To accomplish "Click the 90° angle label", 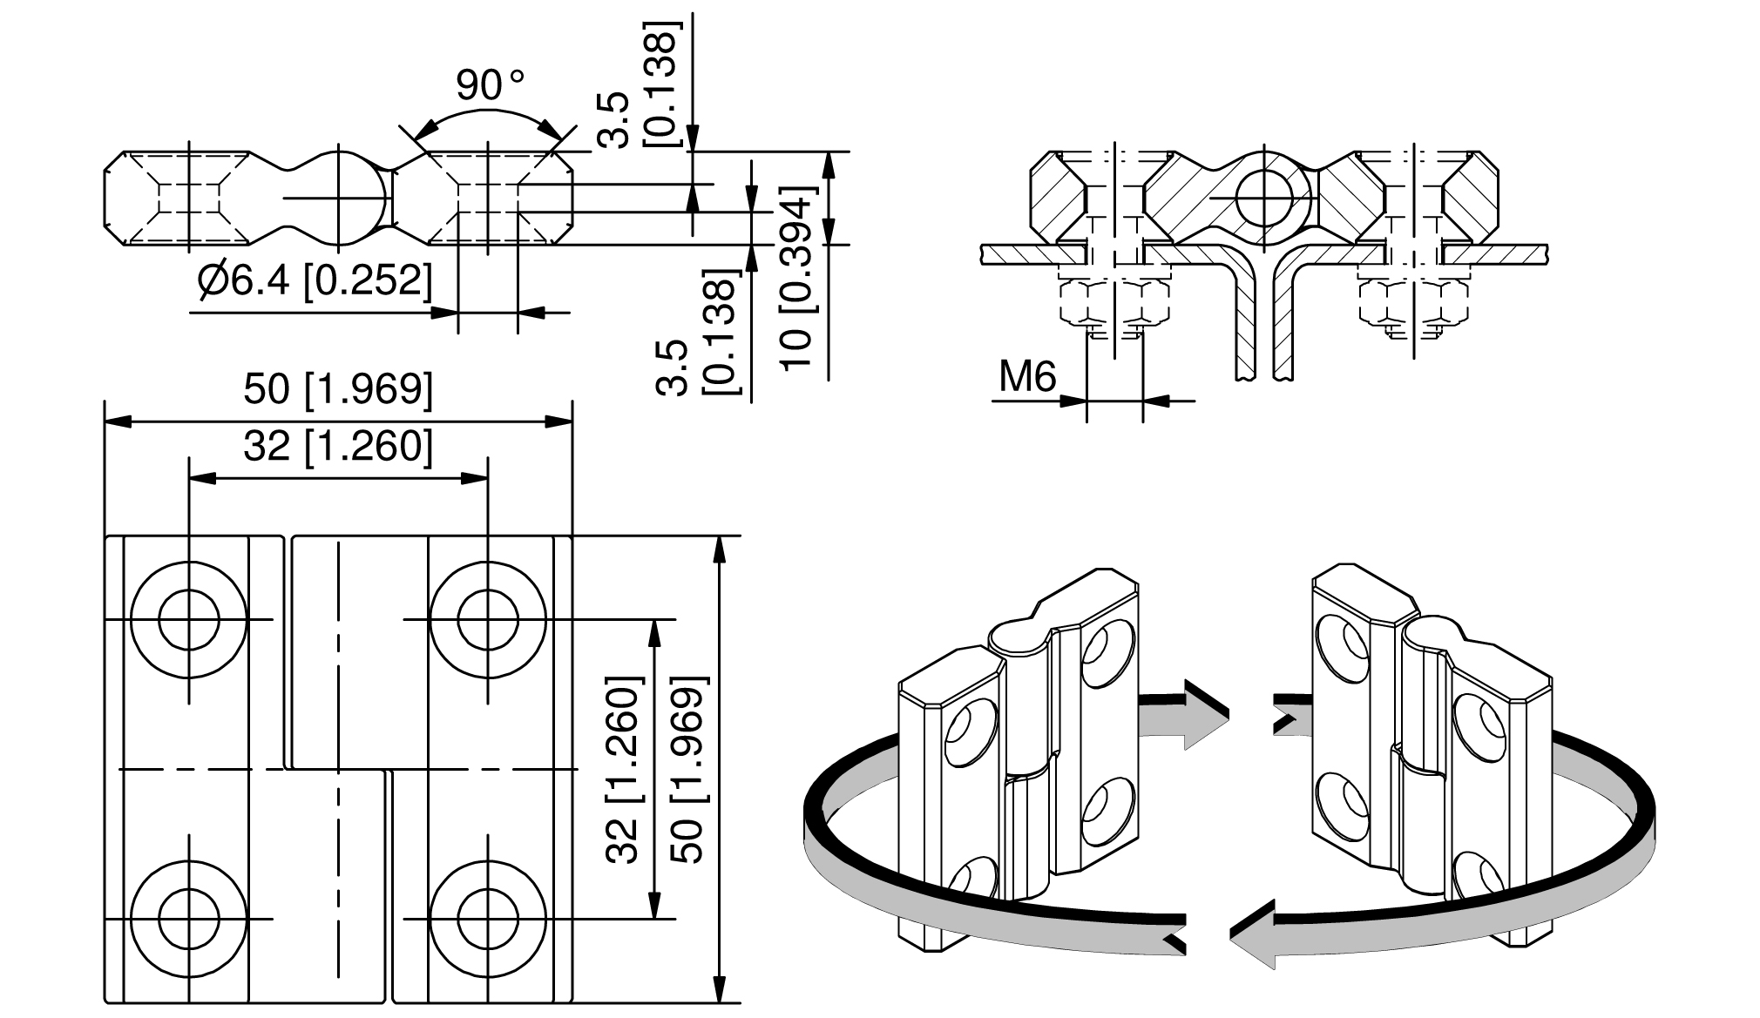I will [490, 85].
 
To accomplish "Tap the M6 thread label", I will [1027, 377].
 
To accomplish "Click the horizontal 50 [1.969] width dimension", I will [338, 388].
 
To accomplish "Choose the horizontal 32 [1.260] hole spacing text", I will [338, 446].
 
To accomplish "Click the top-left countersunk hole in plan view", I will [188, 620].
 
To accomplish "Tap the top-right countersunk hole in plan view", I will [488, 620].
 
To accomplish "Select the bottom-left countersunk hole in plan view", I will [188, 920].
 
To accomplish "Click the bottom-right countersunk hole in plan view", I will [488, 920].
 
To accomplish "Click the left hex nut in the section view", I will [1113, 302].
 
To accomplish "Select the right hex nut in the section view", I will [1415, 302].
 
